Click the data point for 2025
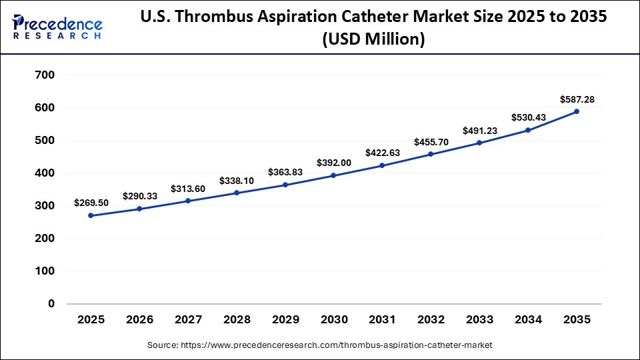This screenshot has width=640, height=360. pyautogui.click(x=91, y=215)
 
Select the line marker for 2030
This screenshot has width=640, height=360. pyautogui.click(x=333, y=175)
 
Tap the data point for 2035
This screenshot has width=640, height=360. pyautogui.click(x=577, y=111)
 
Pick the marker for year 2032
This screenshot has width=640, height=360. pyautogui.click(x=431, y=154)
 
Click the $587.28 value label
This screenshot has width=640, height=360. pyautogui.click(x=577, y=99)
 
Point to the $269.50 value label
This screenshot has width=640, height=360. pyautogui.click(x=91, y=203)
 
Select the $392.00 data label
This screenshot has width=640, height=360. pyautogui.click(x=333, y=163)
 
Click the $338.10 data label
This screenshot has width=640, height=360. pyautogui.click(x=236, y=180)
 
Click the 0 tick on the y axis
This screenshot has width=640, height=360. pyautogui.click(x=51, y=303)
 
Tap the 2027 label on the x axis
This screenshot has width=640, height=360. pyautogui.click(x=187, y=319)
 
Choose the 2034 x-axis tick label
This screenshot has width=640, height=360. pyautogui.click(x=528, y=319)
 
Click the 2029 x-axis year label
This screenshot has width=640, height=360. pyautogui.click(x=285, y=319)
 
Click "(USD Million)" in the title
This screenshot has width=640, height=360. pyautogui.click(x=373, y=40)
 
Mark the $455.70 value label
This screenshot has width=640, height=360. pyautogui.click(x=431, y=142)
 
